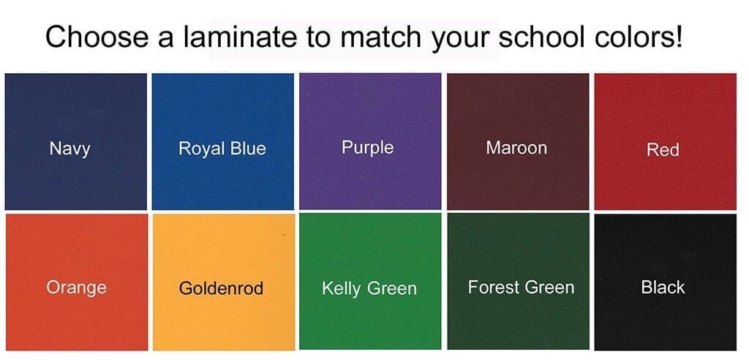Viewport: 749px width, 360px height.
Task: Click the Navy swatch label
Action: pyautogui.click(x=69, y=149)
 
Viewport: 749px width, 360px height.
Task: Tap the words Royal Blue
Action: pyautogui.click(x=222, y=149)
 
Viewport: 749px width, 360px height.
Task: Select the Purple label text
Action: pyautogui.click(x=368, y=147)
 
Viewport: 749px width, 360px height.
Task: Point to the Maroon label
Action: pyautogui.click(x=516, y=148)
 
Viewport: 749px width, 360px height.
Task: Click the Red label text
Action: pyautogui.click(x=663, y=150)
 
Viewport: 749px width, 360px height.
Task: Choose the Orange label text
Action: pyautogui.click(x=76, y=288)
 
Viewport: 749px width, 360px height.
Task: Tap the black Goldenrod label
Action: pyautogui.click(x=221, y=288)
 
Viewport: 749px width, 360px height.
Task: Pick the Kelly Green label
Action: pyautogui.click(x=369, y=289)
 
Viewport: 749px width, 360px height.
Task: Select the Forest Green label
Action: pyautogui.click(x=521, y=288)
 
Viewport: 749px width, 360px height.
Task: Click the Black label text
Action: pyautogui.click(x=663, y=288)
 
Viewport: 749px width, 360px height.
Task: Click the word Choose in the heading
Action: pyautogui.click(x=97, y=37)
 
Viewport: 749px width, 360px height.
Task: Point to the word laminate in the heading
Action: pyautogui.click(x=240, y=37)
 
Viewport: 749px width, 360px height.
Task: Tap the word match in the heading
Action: pyautogui.click(x=380, y=37)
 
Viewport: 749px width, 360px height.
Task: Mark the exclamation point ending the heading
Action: pyautogui.click(x=678, y=37)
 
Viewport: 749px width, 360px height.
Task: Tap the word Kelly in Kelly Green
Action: pyautogui.click(x=341, y=289)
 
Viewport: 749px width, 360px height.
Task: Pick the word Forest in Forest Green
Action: pyautogui.click(x=492, y=288)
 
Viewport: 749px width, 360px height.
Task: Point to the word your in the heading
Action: pyautogui.click(x=459, y=40)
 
